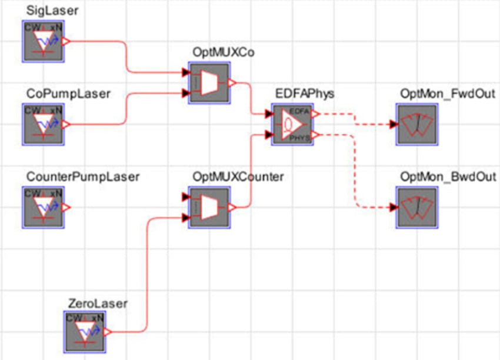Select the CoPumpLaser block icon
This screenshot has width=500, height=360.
click(x=43, y=124)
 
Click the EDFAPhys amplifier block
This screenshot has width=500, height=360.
click(x=292, y=124)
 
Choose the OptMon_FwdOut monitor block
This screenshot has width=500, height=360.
click(x=417, y=124)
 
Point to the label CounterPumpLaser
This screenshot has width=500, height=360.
click(x=83, y=177)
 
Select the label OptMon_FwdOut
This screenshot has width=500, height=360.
click(x=447, y=94)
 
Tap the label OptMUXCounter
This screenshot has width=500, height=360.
click(x=238, y=177)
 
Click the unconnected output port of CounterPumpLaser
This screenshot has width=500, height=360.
click(x=66, y=208)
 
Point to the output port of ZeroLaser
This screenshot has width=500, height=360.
click(x=108, y=332)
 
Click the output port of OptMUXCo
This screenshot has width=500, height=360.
click(x=232, y=83)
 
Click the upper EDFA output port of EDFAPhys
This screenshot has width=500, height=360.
click(x=316, y=114)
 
